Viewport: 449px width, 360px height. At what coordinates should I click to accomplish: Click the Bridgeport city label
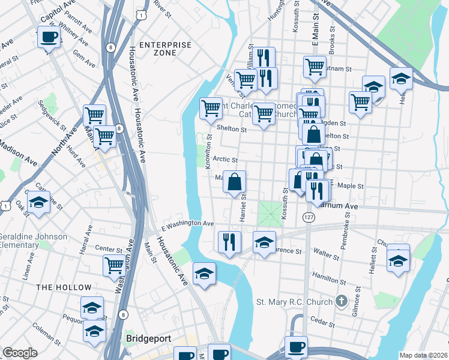coord(147,338)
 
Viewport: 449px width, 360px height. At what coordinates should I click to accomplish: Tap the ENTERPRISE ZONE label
coord(165,49)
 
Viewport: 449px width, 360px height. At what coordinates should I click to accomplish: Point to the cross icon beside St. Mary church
coord(341,300)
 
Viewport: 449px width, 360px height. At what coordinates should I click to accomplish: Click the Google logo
coord(20,353)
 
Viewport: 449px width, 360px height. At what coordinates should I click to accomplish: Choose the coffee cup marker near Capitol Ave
coord(49,38)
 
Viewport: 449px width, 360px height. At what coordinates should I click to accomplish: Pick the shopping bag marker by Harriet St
coord(235,181)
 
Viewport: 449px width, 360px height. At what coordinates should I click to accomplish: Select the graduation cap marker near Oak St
coord(38,203)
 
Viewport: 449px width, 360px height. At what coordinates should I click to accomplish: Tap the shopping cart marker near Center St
coord(114,265)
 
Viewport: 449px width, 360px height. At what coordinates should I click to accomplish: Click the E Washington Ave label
coord(188,224)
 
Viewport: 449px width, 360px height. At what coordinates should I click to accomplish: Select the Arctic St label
coord(226,160)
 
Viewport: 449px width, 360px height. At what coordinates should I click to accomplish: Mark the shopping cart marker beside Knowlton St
coord(211,109)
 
